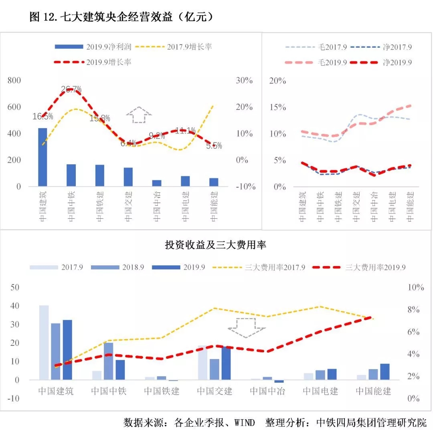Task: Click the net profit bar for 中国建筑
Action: [42, 157]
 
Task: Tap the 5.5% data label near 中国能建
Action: [214, 146]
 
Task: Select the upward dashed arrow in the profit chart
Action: [139, 115]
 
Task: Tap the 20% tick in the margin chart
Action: [277, 81]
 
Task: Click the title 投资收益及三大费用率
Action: [215, 245]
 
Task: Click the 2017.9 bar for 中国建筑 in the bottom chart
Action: [44, 342]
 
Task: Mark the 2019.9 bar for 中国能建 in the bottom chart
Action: [385, 371]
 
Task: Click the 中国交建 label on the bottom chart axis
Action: [215, 391]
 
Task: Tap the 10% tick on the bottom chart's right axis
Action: [416, 287]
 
